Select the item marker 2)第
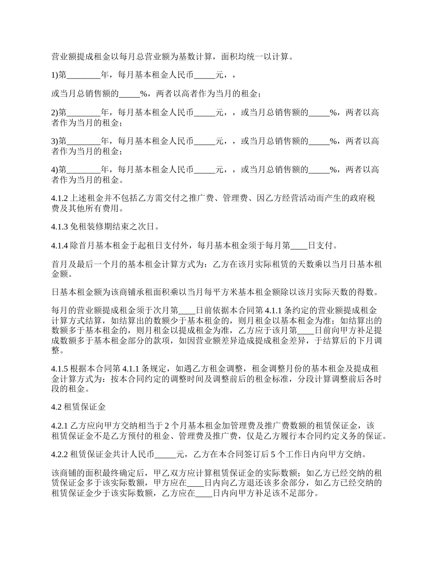(59, 113)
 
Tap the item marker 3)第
(59, 141)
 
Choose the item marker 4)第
(59, 170)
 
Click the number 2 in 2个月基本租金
(167, 426)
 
